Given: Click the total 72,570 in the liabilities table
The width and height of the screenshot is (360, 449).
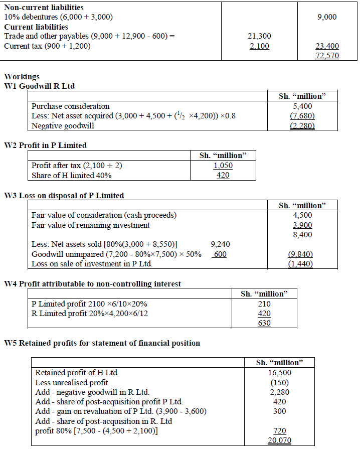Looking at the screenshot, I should [327, 56].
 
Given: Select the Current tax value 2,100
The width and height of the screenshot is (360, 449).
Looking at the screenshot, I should [259, 46].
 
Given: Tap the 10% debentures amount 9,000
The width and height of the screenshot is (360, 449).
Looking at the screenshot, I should [327, 17].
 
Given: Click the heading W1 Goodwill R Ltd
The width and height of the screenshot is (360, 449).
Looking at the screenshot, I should [39, 86].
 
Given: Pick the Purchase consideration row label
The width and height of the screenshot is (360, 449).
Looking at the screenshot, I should [70, 106].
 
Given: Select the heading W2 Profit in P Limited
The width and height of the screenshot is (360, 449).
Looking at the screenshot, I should [45, 145].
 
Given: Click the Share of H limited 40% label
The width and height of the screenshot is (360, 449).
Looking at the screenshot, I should [71, 175].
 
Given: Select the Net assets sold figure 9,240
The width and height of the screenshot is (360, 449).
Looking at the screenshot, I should [221, 244].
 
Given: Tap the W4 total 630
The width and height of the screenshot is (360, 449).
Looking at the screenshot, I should [264, 323].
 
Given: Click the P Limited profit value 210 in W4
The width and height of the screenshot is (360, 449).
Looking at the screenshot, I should [264, 304].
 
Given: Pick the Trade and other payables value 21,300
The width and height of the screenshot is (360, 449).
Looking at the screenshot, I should [259, 36].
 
